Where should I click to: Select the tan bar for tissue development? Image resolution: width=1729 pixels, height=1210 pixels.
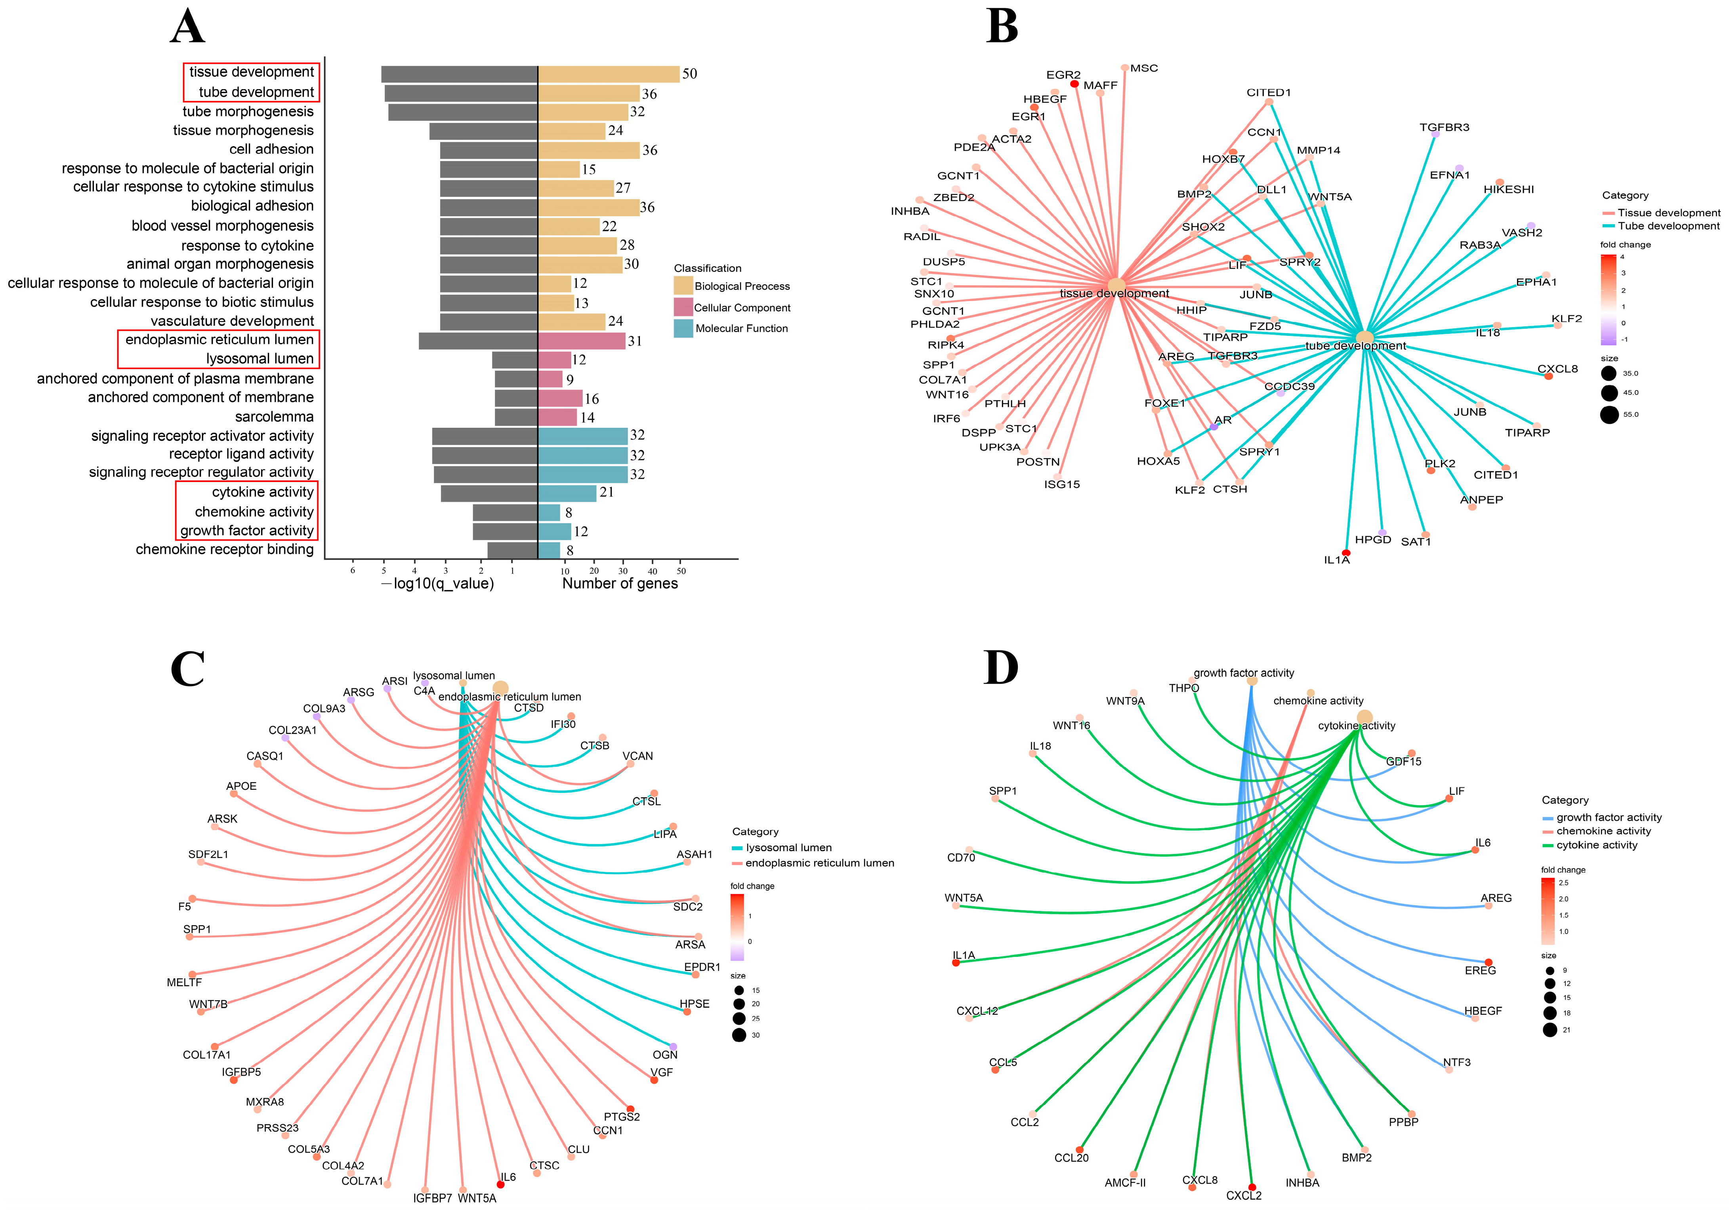coord(609,74)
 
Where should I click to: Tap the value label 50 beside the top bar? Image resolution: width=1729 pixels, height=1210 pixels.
coord(689,74)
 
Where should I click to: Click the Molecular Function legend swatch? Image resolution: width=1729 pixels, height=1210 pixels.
coord(683,328)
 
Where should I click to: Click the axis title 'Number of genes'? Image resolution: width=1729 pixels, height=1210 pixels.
coord(620,583)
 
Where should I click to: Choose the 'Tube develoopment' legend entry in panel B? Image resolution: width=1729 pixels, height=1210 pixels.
coord(1668,226)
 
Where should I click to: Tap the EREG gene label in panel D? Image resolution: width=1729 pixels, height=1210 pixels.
coord(1480,970)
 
